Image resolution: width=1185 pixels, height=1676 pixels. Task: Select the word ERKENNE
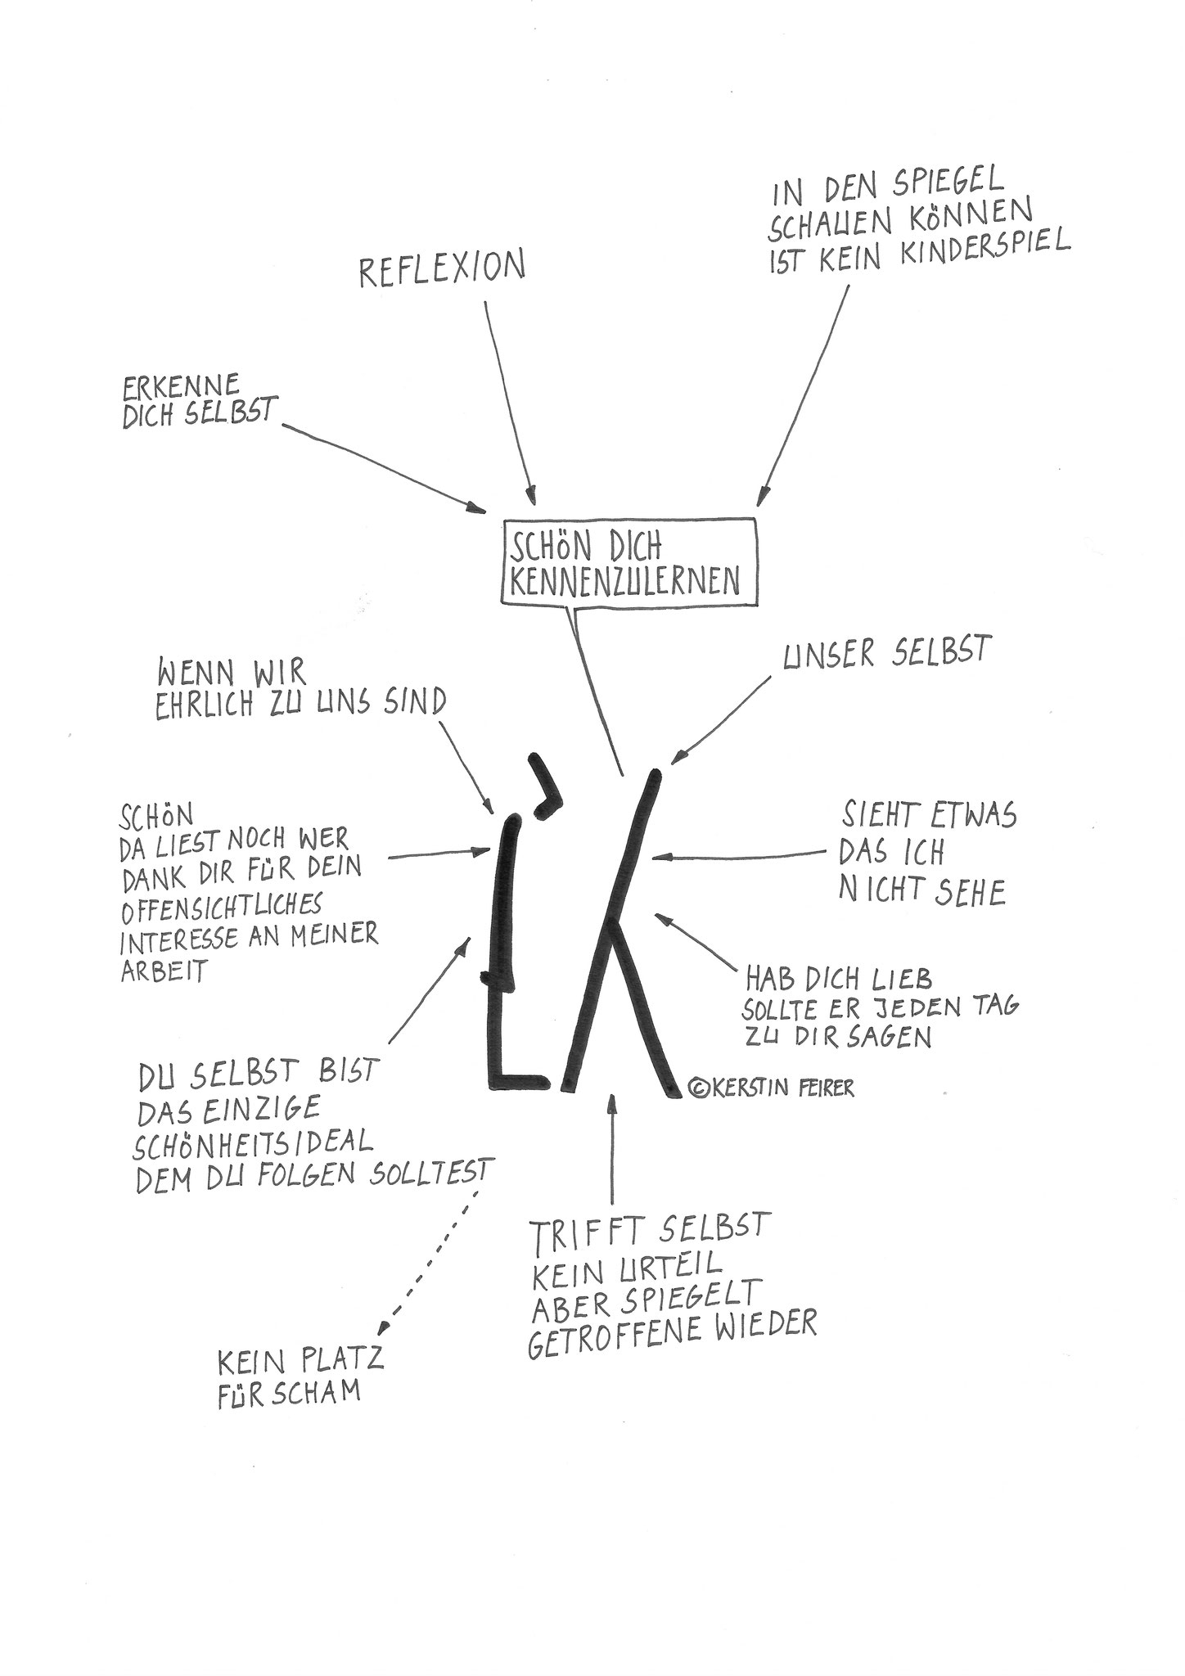(181, 385)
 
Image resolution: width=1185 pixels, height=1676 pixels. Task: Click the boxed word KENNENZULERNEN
(624, 579)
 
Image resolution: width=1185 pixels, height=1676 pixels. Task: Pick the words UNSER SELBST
(886, 656)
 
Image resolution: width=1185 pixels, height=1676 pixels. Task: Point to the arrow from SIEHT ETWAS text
(737, 856)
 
